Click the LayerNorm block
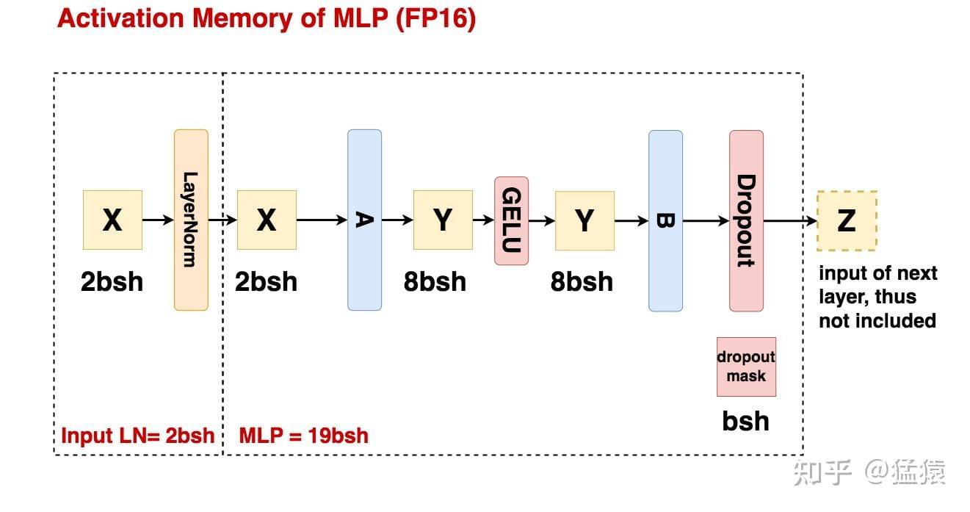point(191,220)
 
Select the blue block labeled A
point(364,220)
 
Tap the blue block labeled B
point(665,220)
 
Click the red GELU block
point(511,220)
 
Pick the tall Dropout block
point(746,220)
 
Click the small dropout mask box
point(746,367)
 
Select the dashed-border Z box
point(847,220)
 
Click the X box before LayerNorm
point(112,220)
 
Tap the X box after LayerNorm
point(267,220)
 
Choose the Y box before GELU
point(443,220)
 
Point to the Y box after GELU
point(584,220)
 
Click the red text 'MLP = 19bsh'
point(303,436)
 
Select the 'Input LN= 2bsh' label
point(137,436)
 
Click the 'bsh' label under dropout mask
point(746,421)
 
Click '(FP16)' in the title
point(435,19)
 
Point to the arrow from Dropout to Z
point(790,220)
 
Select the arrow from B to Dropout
point(706,220)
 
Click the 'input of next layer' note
point(877,297)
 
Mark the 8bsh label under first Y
point(435,281)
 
